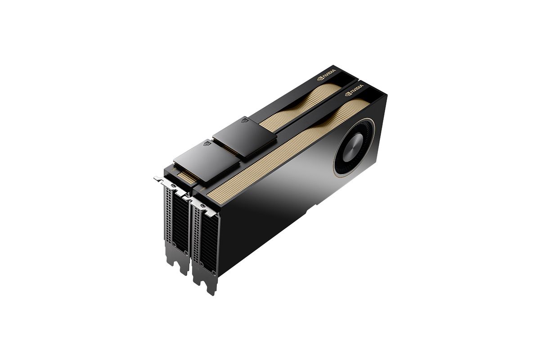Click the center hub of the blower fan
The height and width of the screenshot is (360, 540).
[353, 147]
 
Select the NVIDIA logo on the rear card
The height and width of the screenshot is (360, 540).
[326, 75]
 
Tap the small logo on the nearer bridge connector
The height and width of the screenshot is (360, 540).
[207, 144]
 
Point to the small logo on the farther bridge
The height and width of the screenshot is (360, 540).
[245, 120]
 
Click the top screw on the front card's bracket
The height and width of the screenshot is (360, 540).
[203, 206]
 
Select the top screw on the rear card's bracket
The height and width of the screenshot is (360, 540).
[173, 186]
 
